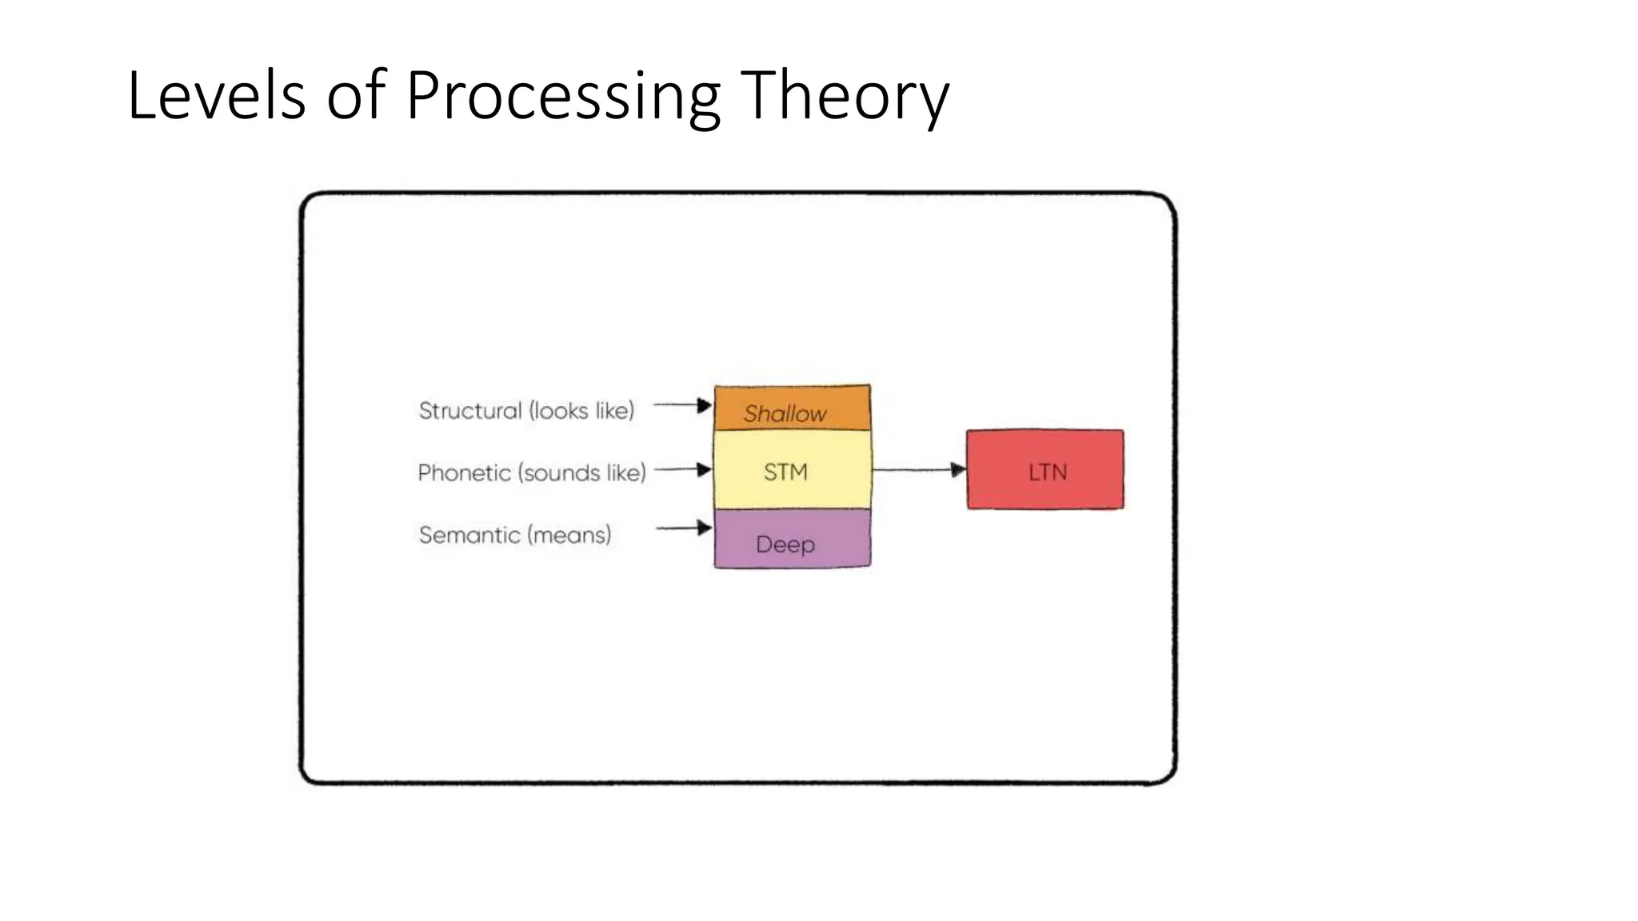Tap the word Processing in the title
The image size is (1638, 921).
click(563, 96)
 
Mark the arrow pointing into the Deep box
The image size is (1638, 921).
click(683, 528)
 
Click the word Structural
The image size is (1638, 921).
click(470, 411)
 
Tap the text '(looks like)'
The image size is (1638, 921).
click(581, 411)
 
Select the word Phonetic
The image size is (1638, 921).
click(464, 472)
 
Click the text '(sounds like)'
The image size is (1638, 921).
click(581, 472)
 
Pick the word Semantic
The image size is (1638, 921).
click(469, 535)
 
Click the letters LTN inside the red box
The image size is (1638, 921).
click(1047, 472)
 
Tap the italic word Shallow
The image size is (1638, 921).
click(785, 413)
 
